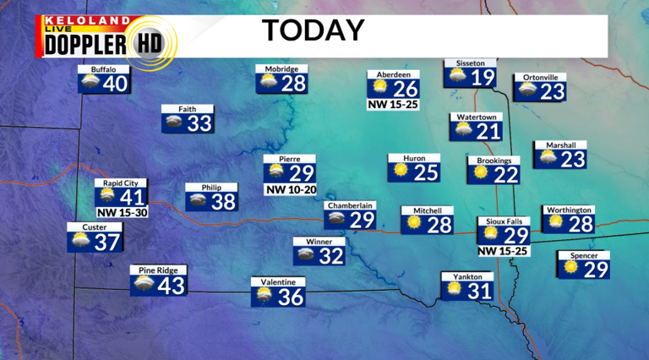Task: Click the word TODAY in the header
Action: [x=312, y=30]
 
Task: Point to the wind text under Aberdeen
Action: [x=394, y=106]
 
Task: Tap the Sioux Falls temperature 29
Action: [x=515, y=237]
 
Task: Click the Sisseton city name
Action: [x=471, y=63]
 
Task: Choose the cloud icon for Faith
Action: [x=175, y=123]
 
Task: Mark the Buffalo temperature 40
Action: [x=116, y=84]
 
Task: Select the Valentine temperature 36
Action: [x=290, y=297]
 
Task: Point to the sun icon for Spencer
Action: [x=571, y=267]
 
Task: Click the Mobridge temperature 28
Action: [x=293, y=84]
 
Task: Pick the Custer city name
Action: [x=94, y=227]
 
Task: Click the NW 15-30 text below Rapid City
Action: [x=121, y=211]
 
